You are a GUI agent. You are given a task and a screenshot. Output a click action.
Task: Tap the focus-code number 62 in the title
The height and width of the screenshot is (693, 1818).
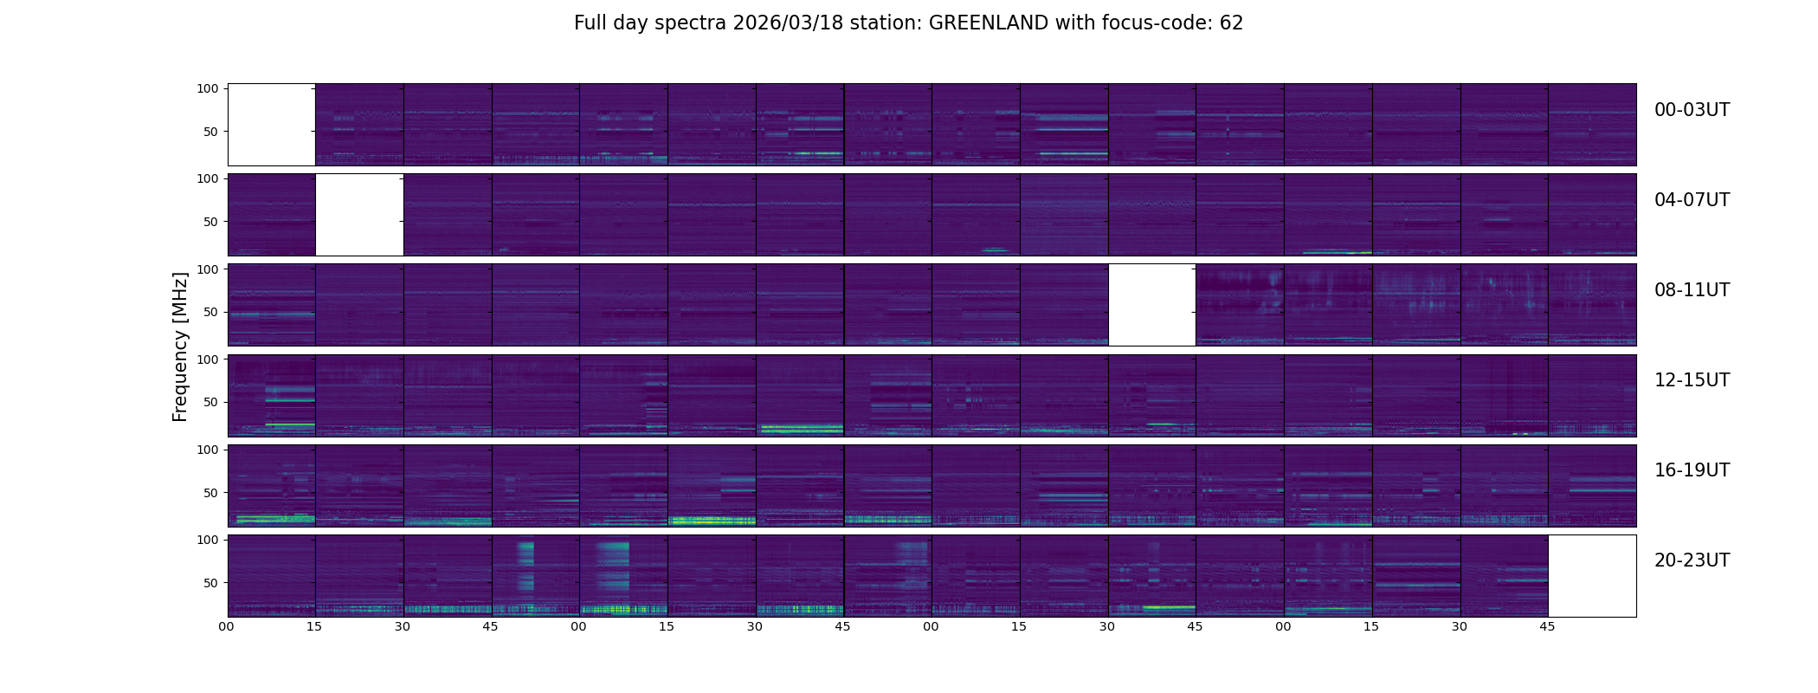(x=1231, y=23)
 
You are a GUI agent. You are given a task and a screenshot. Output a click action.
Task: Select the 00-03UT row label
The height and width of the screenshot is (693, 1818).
(x=1692, y=110)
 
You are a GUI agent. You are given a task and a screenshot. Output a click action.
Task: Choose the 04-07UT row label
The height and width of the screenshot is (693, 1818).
(x=1692, y=200)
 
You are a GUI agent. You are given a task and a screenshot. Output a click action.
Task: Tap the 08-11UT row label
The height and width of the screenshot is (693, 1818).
(x=1692, y=290)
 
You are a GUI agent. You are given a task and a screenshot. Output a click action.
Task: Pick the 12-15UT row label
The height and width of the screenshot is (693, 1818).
(x=1692, y=380)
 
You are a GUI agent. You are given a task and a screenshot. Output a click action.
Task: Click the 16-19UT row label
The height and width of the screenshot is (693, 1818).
(x=1692, y=470)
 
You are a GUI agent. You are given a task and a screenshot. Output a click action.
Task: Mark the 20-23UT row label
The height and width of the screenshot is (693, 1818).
(x=1692, y=560)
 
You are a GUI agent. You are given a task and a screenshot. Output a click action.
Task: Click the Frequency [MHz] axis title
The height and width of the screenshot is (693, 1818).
(x=180, y=346)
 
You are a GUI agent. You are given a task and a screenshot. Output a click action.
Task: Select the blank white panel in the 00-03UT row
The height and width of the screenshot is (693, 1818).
(x=272, y=125)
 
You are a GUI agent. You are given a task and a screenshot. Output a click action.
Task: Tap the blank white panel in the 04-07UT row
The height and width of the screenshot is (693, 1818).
(x=359, y=215)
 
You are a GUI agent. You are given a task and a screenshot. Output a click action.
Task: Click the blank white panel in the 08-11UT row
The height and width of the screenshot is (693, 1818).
(x=1152, y=305)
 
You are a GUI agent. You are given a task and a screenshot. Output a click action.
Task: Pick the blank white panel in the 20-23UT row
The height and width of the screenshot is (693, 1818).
(x=1592, y=576)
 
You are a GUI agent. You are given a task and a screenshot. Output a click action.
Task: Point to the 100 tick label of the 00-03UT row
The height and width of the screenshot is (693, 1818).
(x=208, y=88)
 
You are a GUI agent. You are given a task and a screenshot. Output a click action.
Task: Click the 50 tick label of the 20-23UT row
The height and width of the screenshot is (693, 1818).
(x=211, y=583)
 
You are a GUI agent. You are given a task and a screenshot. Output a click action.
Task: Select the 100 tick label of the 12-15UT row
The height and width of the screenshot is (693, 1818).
(x=208, y=359)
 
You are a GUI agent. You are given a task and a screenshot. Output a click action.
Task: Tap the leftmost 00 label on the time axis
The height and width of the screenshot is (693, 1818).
(x=227, y=627)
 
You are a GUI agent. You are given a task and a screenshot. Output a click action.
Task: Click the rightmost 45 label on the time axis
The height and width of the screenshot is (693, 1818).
(x=1547, y=627)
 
